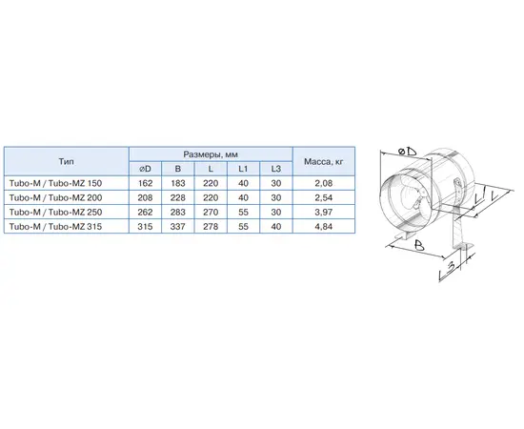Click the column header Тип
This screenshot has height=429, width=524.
66,161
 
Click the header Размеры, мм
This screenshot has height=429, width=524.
210,153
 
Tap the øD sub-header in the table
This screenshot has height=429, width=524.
145,169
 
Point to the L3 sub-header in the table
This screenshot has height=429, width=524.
274,169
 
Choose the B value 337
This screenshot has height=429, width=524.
177,226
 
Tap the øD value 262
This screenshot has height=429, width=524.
145,212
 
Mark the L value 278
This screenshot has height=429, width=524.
210,226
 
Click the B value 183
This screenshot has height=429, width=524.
177,183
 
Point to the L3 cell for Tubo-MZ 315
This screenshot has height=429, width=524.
274,226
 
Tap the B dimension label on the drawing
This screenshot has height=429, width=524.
416,246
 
